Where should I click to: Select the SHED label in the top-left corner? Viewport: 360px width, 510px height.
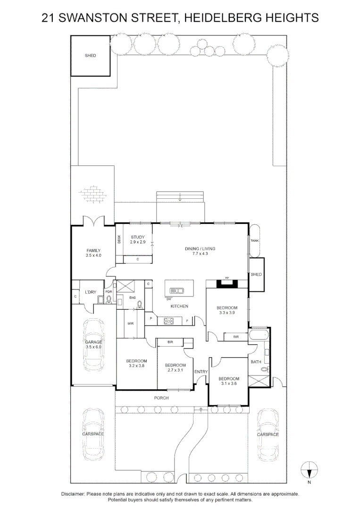[90, 56]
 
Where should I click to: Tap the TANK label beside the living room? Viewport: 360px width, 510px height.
[255, 241]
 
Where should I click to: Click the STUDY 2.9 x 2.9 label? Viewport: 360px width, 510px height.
[138, 239]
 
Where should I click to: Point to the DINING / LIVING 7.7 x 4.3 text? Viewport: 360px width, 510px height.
[200, 251]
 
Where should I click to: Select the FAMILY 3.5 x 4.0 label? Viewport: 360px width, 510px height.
[93, 253]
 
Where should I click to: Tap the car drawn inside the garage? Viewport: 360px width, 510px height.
[93, 346]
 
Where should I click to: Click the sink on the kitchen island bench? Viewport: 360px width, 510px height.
[176, 290]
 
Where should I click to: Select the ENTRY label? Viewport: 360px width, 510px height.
[201, 372]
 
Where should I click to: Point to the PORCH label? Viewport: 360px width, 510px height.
[161, 398]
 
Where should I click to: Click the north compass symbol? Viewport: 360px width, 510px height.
[310, 471]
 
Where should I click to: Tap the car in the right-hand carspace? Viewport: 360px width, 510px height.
[268, 434]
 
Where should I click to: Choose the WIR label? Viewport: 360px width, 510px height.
[131, 324]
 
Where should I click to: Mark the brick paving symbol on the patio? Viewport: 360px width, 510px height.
[92, 193]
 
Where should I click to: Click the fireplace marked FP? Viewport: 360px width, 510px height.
[227, 283]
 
